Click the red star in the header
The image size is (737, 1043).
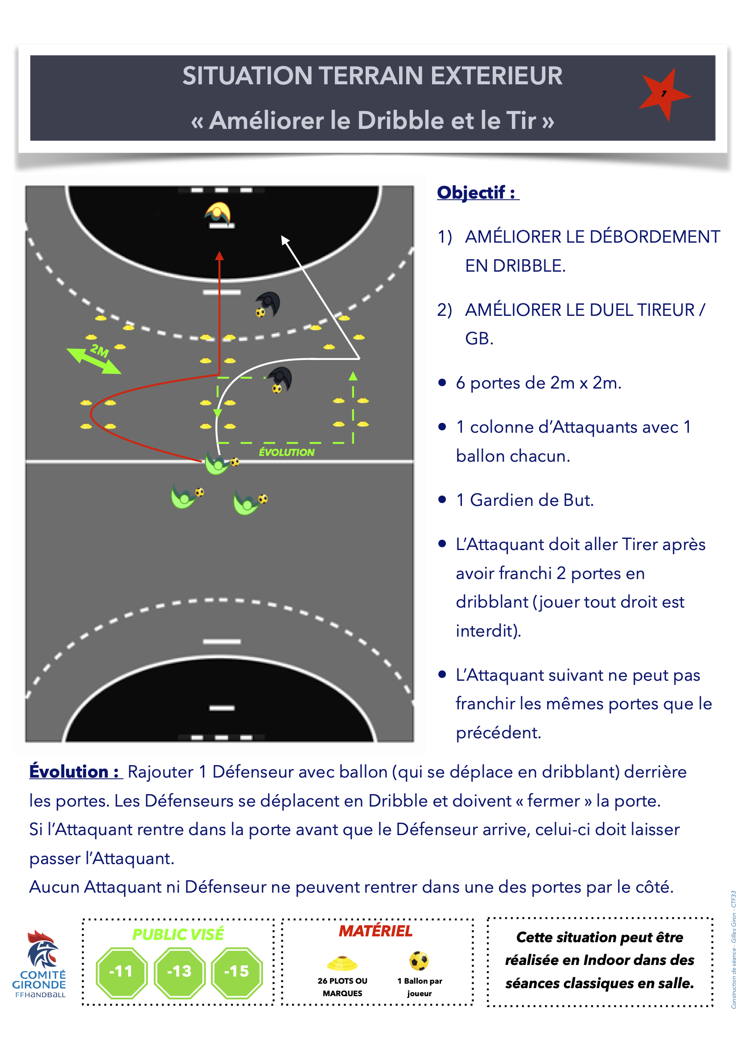663,95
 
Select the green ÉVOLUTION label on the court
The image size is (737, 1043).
287,452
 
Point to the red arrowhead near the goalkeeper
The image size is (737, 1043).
219,256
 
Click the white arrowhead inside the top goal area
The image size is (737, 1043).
285,240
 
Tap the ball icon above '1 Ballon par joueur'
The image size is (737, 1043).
419,961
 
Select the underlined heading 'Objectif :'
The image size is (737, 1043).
478,193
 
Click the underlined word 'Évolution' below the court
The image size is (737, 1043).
69,772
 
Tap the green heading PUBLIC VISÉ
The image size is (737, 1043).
178,935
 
